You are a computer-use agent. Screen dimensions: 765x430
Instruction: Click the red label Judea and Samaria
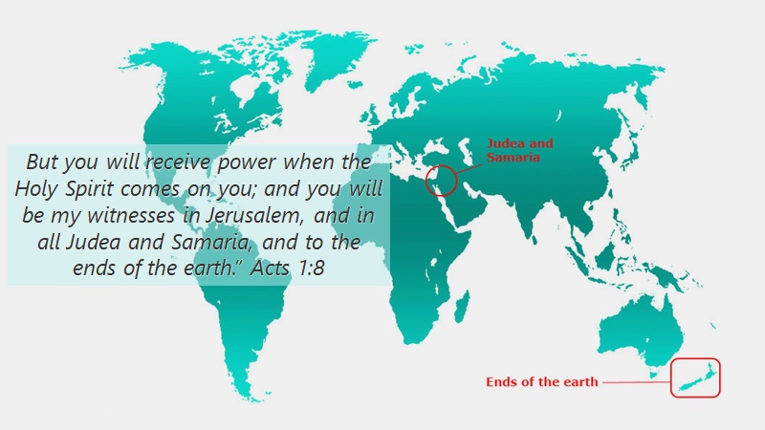519,150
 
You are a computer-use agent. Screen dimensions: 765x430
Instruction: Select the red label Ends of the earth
541,381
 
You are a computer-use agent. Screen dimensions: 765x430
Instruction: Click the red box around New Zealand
671,377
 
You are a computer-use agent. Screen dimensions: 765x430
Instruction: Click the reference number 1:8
309,269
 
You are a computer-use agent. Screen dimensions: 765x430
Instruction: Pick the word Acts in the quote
270,269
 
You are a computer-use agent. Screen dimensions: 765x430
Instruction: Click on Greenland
337,58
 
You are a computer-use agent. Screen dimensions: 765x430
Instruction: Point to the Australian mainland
640,332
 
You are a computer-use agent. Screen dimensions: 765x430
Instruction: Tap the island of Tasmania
655,374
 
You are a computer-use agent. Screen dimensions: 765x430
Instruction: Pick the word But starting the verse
42,161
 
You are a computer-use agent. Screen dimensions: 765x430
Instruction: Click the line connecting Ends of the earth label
636,382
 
